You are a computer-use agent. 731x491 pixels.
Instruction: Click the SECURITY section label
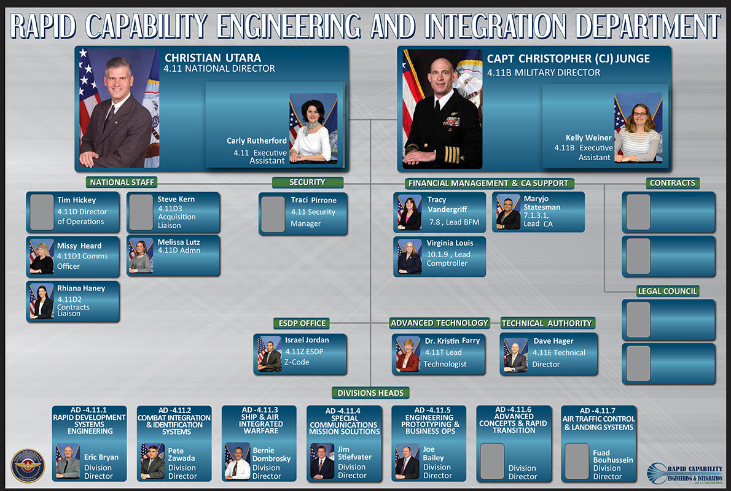pyautogui.click(x=307, y=182)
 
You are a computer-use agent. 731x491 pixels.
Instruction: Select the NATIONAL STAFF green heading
pyautogui.click(x=122, y=182)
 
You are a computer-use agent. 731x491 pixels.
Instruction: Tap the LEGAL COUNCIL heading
pyautogui.click(x=667, y=291)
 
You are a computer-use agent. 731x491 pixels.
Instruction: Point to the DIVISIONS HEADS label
pyautogui.click(x=370, y=393)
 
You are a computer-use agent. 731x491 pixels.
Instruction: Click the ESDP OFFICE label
pyautogui.click(x=302, y=323)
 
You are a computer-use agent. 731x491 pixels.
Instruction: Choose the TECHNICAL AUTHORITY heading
pyautogui.click(x=547, y=323)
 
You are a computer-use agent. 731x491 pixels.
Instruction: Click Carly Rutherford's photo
pyautogui.click(x=313, y=128)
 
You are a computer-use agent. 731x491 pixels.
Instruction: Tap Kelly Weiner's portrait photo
pyautogui.click(x=638, y=127)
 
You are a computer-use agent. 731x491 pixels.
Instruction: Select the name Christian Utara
pyautogui.click(x=213, y=58)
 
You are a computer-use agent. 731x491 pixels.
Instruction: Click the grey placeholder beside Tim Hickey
pyautogui.click(x=42, y=212)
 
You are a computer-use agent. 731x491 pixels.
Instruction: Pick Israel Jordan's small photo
pyautogui.click(x=270, y=355)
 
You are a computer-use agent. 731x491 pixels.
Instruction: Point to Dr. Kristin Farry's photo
pyautogui.click(x=408, y=355)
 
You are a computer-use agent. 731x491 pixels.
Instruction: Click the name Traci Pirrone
pyautogui.click(x=313, y=200)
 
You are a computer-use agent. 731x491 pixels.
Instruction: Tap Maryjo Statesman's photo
pyautogui.click(x=508, y=212)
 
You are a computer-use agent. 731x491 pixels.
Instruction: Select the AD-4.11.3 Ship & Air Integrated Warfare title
pyautogui.click(x=260, y=420)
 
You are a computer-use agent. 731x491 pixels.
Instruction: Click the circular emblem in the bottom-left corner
pyautogui.click(x=28, y=465)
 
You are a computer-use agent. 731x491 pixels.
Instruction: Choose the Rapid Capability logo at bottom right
pyautogui.click(x=684, y=473)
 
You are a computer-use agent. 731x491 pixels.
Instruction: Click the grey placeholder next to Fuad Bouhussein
pyautogui.click(x=577, y=461)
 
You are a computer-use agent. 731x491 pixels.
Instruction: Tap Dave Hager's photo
pyautogui.click(x=515, y=355)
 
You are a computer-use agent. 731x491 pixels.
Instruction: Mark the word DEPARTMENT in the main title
pyautogui.click(x=649, y=26)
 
